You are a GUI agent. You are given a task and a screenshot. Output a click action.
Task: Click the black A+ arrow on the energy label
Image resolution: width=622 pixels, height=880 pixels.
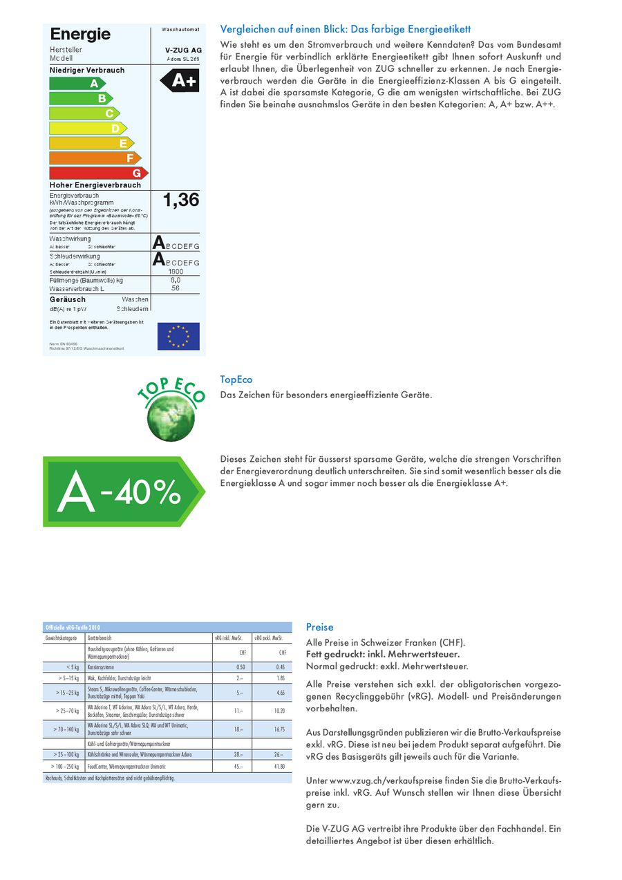(x=180, y=81)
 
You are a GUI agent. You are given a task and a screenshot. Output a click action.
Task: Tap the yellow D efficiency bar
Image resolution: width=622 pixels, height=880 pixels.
(x=87, y=128)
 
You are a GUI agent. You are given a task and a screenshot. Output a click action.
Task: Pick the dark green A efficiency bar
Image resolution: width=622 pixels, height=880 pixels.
(x=77, y=83)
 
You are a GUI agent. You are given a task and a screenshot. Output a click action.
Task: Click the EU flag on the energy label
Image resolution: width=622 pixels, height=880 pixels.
(x=178, y=336)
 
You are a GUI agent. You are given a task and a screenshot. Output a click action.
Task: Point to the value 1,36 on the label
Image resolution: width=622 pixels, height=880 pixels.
(x=180, y=200)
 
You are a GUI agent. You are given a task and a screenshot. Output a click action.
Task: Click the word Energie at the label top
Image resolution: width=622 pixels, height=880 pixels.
(x=80, y=35)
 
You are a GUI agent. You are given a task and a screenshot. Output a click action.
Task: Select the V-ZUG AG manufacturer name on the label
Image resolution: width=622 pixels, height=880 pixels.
(x=183, y=50)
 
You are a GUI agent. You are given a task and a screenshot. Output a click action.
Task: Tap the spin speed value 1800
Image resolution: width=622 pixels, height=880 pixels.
(x=176, y=272)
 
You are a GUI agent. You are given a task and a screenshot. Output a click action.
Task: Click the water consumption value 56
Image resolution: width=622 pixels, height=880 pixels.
(x=176, y=288)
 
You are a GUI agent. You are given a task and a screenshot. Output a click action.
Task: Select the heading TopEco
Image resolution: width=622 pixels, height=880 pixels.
(x=236, y=380)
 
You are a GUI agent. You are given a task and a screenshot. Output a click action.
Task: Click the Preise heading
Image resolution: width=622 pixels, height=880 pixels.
(x=319, y=627)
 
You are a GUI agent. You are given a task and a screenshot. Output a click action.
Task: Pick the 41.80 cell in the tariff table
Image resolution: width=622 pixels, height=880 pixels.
(x=279, y=767)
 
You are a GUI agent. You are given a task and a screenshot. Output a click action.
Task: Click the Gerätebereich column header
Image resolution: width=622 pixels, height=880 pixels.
(x=100, y=638)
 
